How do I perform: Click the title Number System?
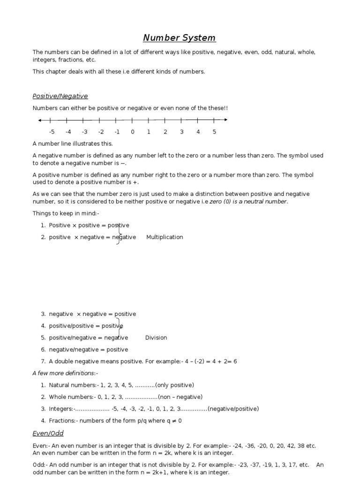click(x=180, y=38)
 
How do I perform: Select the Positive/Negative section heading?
click(x=60, y=96)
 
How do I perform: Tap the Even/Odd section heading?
click(x=48, y=433)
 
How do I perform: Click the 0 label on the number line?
click(x=133, y=132)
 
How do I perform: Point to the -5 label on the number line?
click(x=52, y=132)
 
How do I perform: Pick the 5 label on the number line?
click(x=214, y=132)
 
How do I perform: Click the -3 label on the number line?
click(x=84, y=132)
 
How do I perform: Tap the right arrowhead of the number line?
click(x=226, y=120)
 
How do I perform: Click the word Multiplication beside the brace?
click(x=165, y=237)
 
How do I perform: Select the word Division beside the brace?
click(x=156, y=338)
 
